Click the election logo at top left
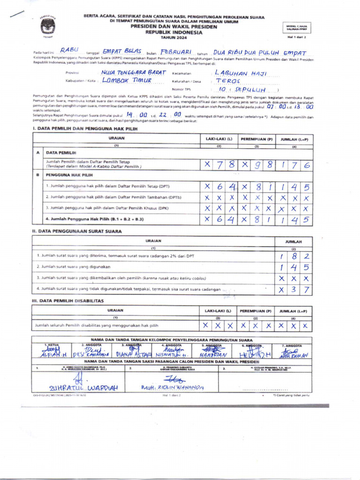(x=48, y=26)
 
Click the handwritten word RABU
(x=69, y=50)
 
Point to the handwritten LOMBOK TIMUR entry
(x=127, y=80)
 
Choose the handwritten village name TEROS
(x=228, y=81)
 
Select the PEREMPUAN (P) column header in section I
(x=256, y=139)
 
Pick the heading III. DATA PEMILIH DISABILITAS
(x=67, y=300)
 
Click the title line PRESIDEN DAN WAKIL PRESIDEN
(x=174, y=27)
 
